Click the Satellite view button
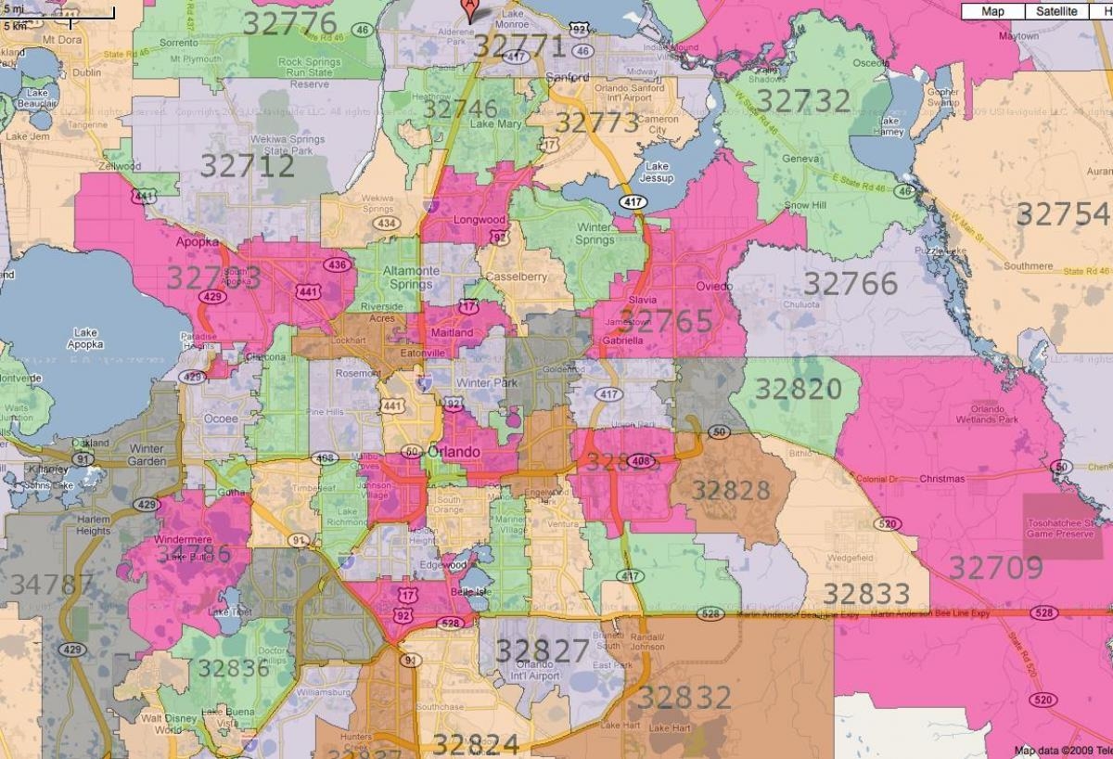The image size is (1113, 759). (x=1056, y=11)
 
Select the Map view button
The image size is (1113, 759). (x=992, y=11)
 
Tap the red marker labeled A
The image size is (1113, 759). (x=471, y=9)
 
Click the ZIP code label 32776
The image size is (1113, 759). (x=290, y=23)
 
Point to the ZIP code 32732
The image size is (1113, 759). (x=803, y=100)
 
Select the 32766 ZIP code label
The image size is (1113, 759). (x=851, y=283)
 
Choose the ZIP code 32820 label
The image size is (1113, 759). (x=798, y=389)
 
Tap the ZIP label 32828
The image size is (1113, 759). (x=731, y=490)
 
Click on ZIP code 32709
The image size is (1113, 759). (x=995, y=567)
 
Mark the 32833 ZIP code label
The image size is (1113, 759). (x=867, y=593)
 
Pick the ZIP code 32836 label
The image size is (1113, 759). (x=233, y=668)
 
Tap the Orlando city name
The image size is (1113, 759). (x=455, y=452)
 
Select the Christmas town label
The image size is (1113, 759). (x=941, y=480)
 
